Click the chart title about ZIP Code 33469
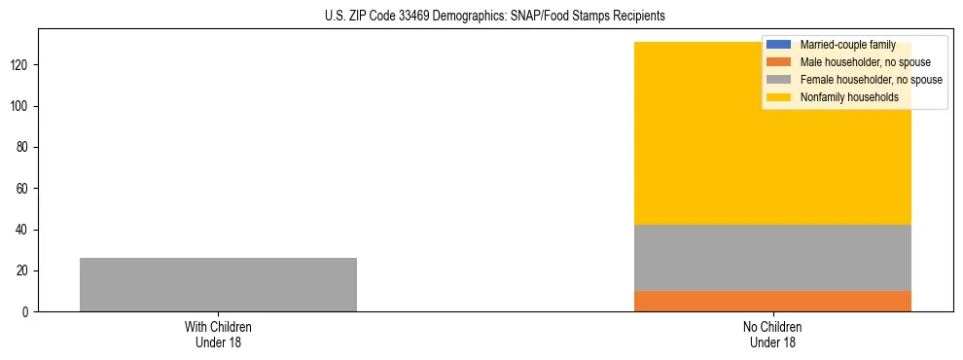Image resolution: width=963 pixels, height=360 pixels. [495, 17]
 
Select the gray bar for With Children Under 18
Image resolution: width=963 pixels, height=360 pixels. [218, 284]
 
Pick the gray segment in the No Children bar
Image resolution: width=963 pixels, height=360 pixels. [772, 258]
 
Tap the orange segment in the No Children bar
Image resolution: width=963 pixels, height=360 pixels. [772, 301]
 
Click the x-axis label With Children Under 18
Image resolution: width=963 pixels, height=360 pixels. [218, 334]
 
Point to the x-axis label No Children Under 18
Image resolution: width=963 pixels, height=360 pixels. [772, 334]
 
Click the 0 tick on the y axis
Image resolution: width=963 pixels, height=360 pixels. [26, 312]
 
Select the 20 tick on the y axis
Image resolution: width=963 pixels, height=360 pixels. [23, 270]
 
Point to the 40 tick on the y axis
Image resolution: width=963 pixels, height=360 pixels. [23, 230]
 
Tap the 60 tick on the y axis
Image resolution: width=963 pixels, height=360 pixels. [23, 189]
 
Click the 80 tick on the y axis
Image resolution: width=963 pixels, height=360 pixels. [23, 147]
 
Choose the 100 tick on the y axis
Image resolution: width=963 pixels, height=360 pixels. [20, 106]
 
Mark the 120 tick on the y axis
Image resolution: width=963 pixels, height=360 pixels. [20, 65]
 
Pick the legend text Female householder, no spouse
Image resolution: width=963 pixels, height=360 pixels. [871, 80]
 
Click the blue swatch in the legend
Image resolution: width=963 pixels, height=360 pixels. [779, 45]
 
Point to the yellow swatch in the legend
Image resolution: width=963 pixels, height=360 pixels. [779, 97]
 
